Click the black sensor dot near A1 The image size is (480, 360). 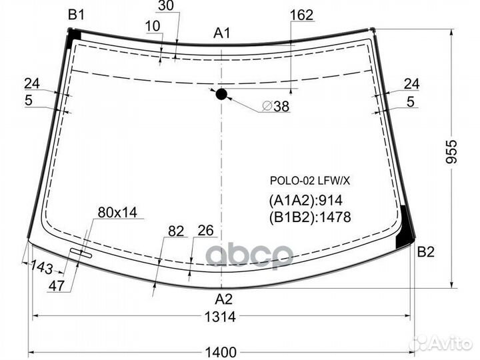221,94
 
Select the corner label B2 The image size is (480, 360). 426,252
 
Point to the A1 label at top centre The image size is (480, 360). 222,33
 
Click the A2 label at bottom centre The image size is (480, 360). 223,299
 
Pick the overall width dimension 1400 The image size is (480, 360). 221,352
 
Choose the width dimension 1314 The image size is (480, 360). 221,317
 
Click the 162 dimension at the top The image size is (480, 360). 301,15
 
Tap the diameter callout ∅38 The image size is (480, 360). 275,106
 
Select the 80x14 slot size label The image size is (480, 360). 117,213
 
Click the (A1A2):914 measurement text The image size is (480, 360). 305,200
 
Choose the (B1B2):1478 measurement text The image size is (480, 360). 309,216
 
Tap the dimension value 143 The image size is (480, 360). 41,267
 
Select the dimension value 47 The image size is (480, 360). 57,286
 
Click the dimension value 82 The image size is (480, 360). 175,231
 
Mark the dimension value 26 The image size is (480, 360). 205,231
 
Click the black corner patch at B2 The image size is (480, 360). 404,231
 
